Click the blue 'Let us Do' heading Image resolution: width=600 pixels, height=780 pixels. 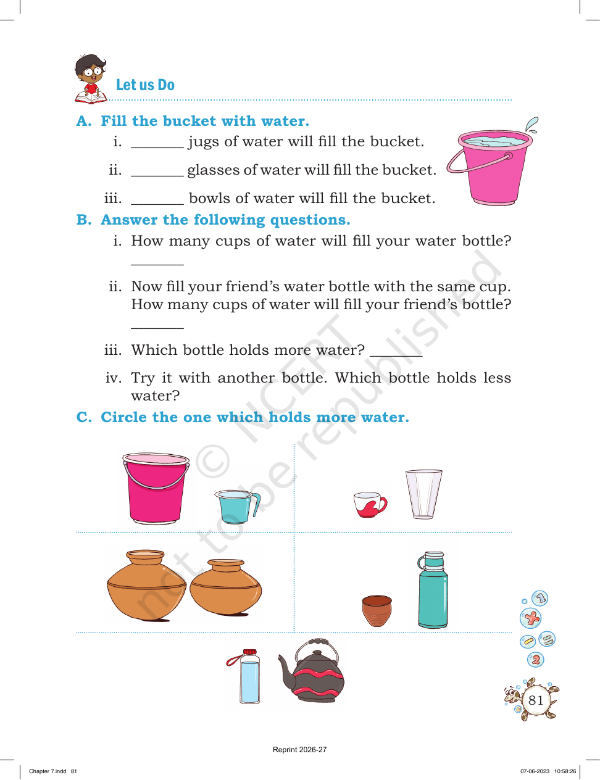[x=145, y=85]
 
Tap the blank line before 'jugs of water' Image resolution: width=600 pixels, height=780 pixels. [x=157, y=147]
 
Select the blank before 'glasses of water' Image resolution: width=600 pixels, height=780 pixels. [x=157, y=175]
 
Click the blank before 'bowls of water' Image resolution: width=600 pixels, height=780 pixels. [x=157, y=204]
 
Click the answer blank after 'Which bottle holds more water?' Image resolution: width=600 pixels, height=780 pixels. [x=396, y=355]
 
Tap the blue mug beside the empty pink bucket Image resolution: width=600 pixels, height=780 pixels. [x=237, y=506]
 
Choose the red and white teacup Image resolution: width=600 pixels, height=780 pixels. [x=370, y=504]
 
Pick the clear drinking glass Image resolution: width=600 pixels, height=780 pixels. [x=423, y=494]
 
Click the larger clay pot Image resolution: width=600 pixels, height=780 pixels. [x=146, y=585]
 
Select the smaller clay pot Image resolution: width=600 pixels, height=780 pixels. [x=225, y=587]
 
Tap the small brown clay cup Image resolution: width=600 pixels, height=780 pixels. [x=377, y=611]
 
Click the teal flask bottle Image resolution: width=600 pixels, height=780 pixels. [x=433, y=590]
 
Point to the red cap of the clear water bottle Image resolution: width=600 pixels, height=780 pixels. [x=250, y=652]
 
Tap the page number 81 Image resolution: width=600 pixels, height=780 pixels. [x=536, y=700]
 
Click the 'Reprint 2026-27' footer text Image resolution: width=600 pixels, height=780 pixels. [x=299, y=750]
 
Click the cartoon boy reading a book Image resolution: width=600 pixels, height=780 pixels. [x=91, y=79]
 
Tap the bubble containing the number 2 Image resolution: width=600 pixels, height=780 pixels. [x=536, y=660]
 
